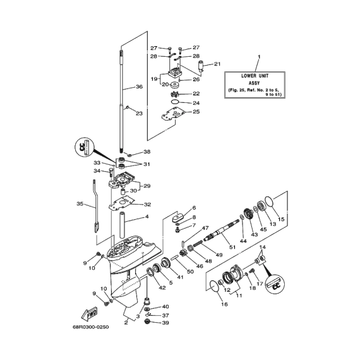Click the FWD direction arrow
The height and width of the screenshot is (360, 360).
[90, 313]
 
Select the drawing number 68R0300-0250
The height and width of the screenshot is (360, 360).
[91, 327]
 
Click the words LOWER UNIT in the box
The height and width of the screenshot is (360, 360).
[255, 76]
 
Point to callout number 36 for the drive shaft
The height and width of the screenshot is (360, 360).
[140, 87]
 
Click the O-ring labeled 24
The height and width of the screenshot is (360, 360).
[175, 102]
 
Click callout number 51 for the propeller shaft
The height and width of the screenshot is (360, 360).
[232, 247]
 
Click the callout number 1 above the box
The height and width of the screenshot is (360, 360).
[259, 56]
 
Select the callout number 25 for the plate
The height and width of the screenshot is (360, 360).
[196, 112]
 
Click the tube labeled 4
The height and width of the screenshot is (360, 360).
[124, 225]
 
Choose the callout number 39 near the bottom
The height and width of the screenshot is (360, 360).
[165, 323]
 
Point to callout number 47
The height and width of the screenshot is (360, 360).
[205, 228]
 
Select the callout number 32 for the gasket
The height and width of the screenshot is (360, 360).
[147, 205]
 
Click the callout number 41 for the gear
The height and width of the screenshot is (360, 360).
[181, 277]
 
